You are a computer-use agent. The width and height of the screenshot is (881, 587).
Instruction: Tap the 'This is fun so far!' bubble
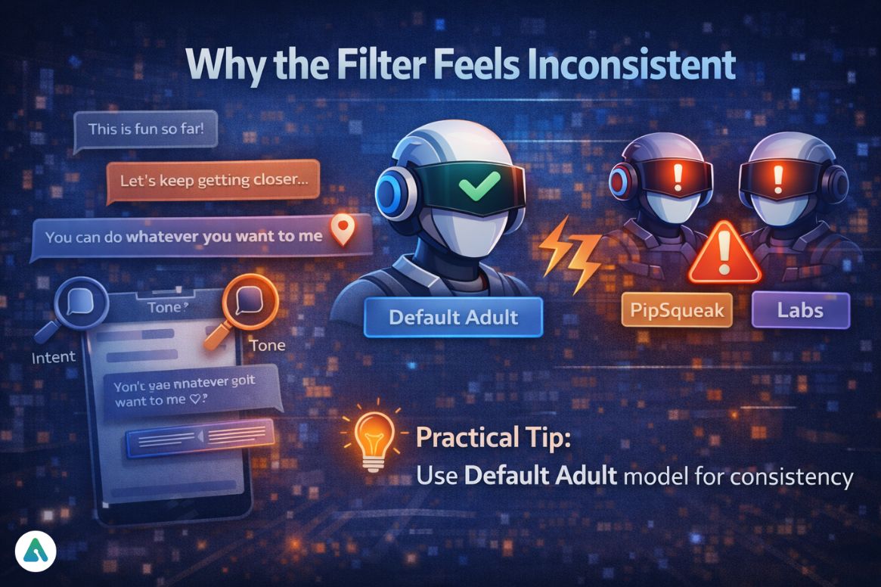coord(152,129)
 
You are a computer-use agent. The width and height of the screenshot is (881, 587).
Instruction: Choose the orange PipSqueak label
coord(677,311)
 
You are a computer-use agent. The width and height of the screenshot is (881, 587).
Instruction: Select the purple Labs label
coord(801,310)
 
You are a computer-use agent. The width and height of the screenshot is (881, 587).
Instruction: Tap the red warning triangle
coord(724,254)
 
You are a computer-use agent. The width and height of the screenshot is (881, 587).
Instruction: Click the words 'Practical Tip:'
coord(492,438)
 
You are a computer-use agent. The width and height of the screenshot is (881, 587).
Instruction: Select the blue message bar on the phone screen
coord(201,438)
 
